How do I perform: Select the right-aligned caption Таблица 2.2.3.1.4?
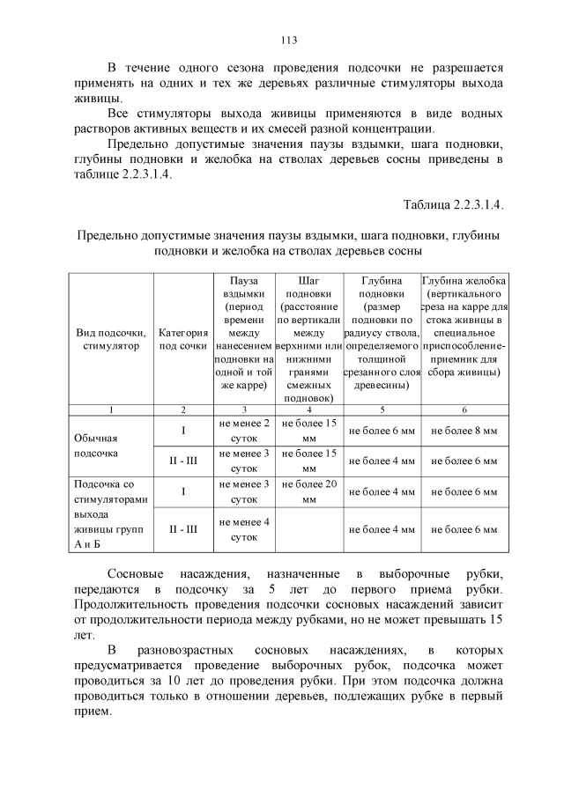453,205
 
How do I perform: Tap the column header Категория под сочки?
183,340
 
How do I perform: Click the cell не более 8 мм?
464,431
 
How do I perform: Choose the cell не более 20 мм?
308,491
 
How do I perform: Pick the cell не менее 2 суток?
243,430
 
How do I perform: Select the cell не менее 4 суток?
243,528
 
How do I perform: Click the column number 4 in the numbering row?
308,410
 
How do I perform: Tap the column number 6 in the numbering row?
464,410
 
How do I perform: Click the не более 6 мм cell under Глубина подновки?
382,431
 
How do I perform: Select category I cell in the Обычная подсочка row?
183,431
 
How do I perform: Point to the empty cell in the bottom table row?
308,529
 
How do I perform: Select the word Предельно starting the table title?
108,235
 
